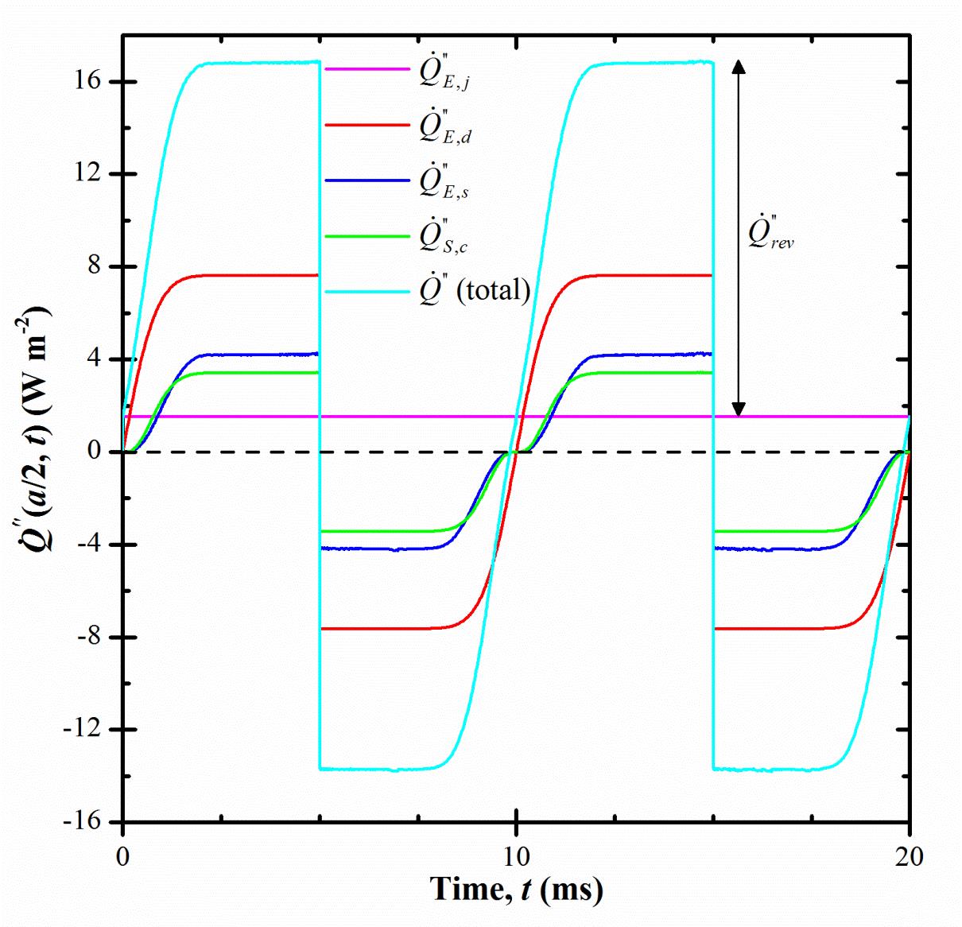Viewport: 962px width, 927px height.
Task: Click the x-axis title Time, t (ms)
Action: point(516,889)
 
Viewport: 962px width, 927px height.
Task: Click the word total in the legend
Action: point(498,290)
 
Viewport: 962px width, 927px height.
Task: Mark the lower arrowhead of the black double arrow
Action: point(739,409)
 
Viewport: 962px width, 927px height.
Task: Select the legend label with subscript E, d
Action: point(445,126)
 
